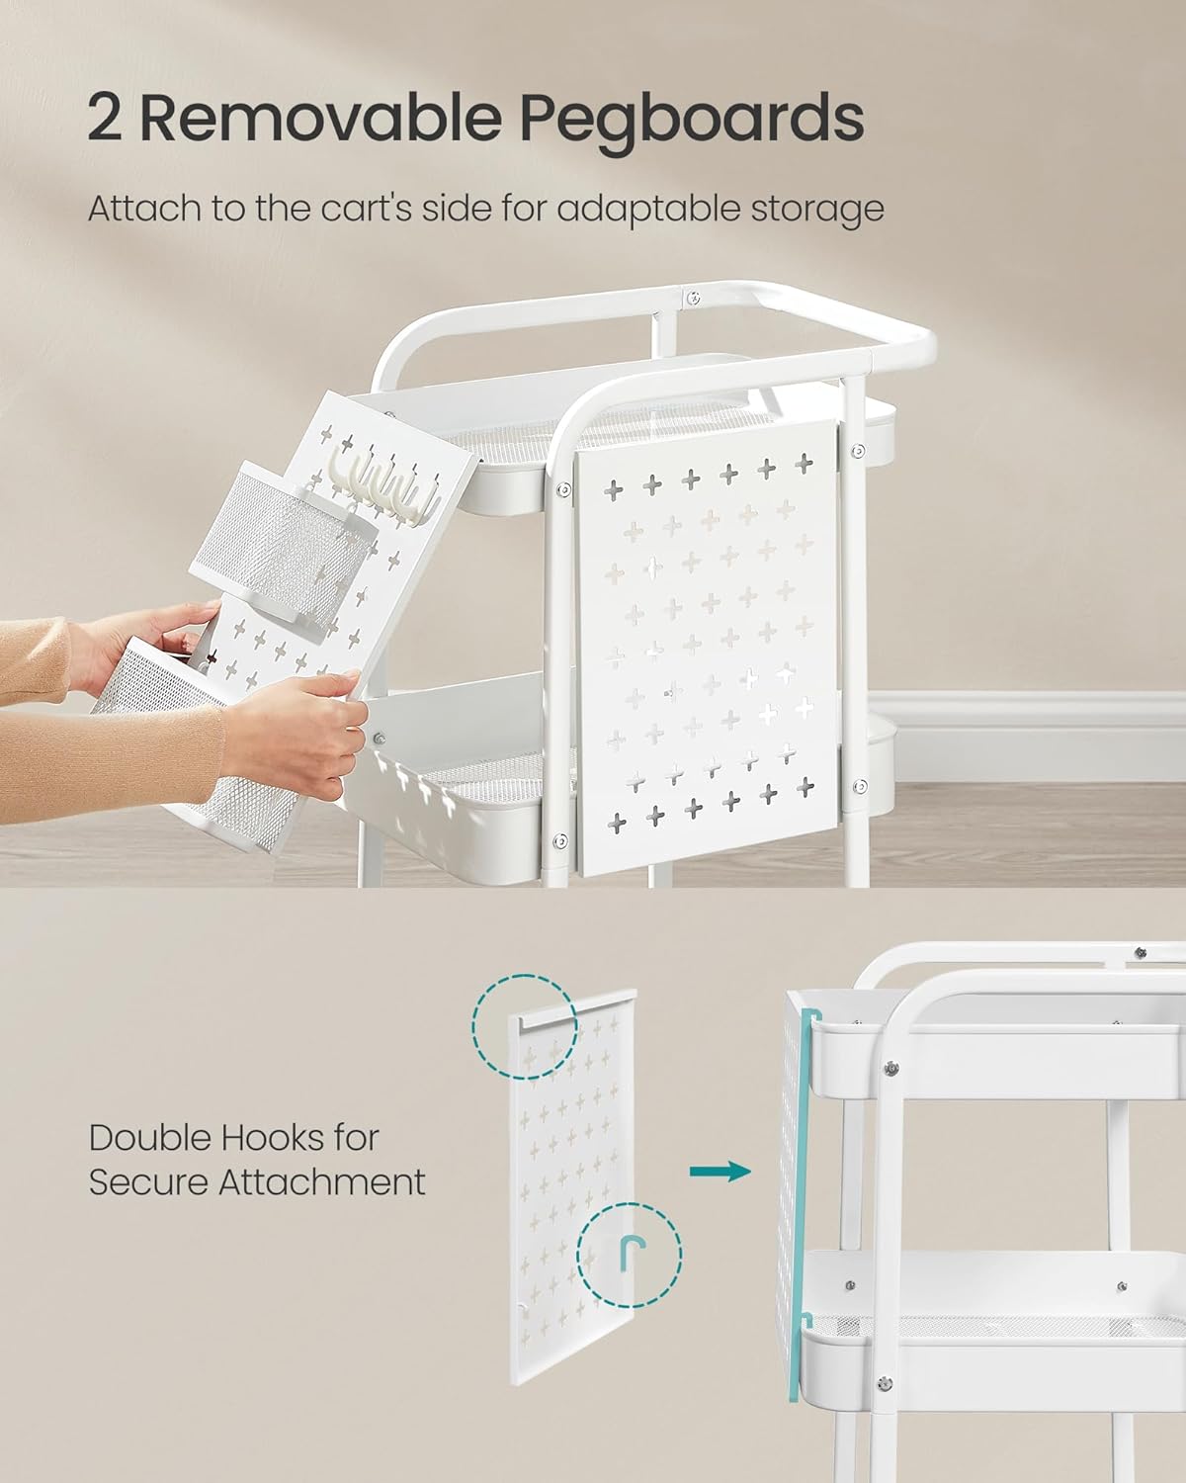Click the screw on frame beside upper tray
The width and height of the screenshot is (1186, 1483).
click(561, 488)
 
